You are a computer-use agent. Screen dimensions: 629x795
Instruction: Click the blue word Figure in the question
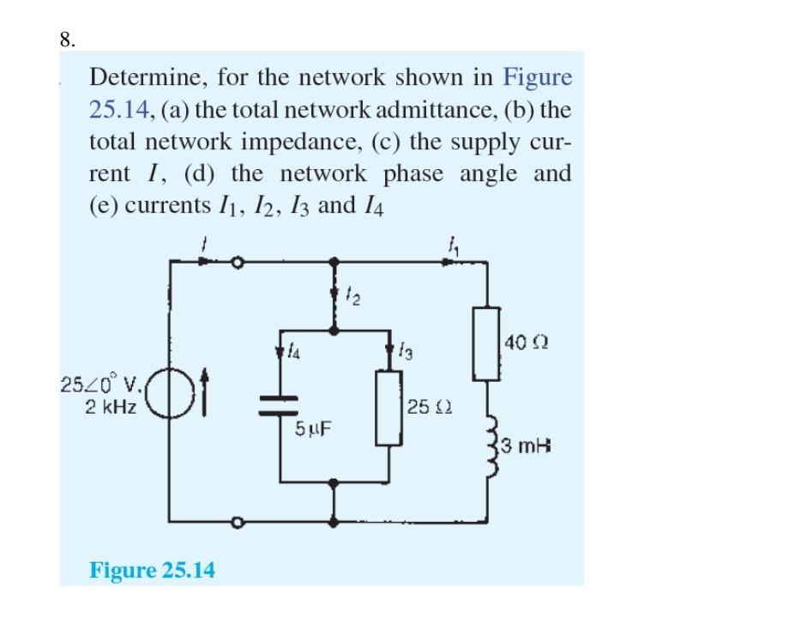click(x=537, y=78)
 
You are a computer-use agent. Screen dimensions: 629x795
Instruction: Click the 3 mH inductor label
click(x=526, y=446)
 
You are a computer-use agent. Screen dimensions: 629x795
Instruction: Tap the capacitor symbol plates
click(x=280, y=406)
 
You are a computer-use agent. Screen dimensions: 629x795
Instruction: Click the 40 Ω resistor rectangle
click(x=486, y=343)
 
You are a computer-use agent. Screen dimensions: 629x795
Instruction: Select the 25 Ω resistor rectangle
click(x=389, y=408)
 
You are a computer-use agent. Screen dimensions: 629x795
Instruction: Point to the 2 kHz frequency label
click(x=111, y=406)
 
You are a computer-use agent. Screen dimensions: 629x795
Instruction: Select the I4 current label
click(x=294, y=350)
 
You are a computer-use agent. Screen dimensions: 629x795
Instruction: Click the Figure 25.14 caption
click(x=152, y=570)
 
